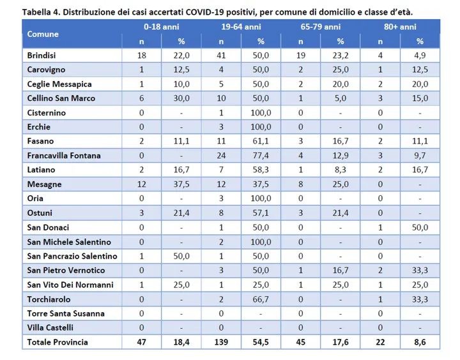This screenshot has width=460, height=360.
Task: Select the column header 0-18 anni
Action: coord(162,27)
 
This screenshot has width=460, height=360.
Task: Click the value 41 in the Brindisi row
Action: coord(222,56)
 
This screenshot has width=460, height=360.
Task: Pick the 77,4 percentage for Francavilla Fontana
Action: coord(261,156)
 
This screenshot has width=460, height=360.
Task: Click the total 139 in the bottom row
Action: coord(222,342)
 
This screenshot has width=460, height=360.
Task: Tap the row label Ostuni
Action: coord(40,213)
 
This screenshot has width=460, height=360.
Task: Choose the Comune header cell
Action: coord(43,34)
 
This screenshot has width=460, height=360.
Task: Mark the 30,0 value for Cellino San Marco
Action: coord(181,98)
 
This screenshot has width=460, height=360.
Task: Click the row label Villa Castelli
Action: coord(50,327)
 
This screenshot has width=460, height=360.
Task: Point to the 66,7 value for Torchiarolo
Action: coord(261,299)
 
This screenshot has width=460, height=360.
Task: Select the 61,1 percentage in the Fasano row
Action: coord(261,141)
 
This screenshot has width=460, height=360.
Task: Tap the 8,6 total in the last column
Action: coord(420,342)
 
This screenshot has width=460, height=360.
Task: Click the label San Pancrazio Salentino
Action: coord(72,256)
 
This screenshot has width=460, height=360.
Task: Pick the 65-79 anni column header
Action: coord(321,27)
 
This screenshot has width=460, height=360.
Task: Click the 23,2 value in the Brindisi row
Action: coord(341,56)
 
